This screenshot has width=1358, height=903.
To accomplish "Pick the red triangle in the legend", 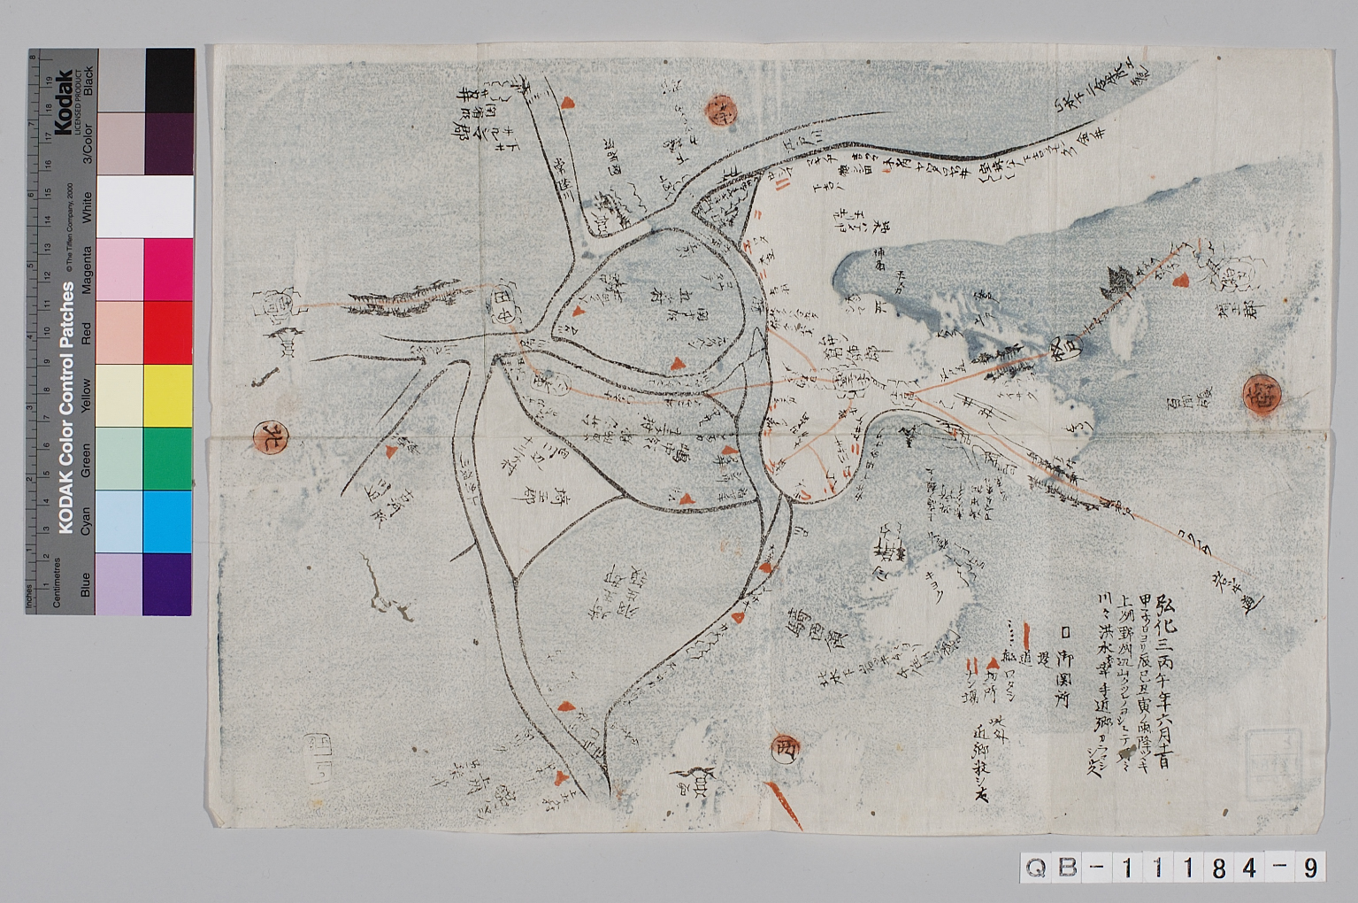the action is click(994, 662).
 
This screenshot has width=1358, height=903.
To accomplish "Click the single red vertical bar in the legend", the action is click(1025, 634).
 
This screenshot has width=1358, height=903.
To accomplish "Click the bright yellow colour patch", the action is click(168, 395).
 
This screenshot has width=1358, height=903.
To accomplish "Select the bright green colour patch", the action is click(168, 458).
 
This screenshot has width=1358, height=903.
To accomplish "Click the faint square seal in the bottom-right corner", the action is click(1262, 751).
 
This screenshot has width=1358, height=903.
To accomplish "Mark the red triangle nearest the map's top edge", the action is click(568, 104).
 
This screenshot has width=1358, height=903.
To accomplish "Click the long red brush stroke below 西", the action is click(784, 805).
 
